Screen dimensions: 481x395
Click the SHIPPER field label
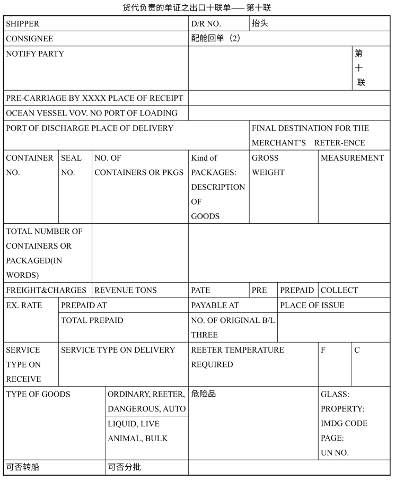pyautogui.click(x=23, y=24)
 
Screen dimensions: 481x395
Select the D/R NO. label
pyautogui.click(x=206, y=24)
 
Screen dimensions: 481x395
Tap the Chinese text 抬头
pyautogui.click(x=260, y=23)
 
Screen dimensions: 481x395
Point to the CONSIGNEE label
pyautogui.click(x=30, y=39)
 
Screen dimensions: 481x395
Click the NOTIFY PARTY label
pyautogui.click(x=35, y=54)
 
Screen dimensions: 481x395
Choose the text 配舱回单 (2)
pyautogui.click(x=216, y=38)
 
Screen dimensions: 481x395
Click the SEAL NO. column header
pyautogui.click(x=71, y=165)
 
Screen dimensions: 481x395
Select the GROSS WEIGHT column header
pyautogui.click(x=268, y=165)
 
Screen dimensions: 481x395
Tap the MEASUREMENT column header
pyautogui.click(x=352, y=158)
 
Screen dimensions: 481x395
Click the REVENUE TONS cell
pyautogui.click(x=126, y=290)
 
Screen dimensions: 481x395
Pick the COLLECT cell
pyautogui.click(x=339, y=290)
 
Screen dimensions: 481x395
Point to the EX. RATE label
pyautogui.click(x=24, y=305)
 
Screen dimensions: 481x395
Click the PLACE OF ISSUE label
pyautogui.click(x=312, y=305)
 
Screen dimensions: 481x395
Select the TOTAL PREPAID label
pyautogui.click(x=92, y=320)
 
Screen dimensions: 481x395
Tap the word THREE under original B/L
pyautogui.click(x=205, y=335)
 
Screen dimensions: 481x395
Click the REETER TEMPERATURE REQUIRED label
pyautogui.click(x=237, y=357)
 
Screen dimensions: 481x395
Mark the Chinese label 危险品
pyautogui.click(x=204, y=394)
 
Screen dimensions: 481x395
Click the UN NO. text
pyautogui.click(x=335, y=453)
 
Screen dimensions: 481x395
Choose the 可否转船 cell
pyautogui.click(x=23, y=467)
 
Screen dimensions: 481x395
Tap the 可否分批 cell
pyautogui.click(x=125, y=467)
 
